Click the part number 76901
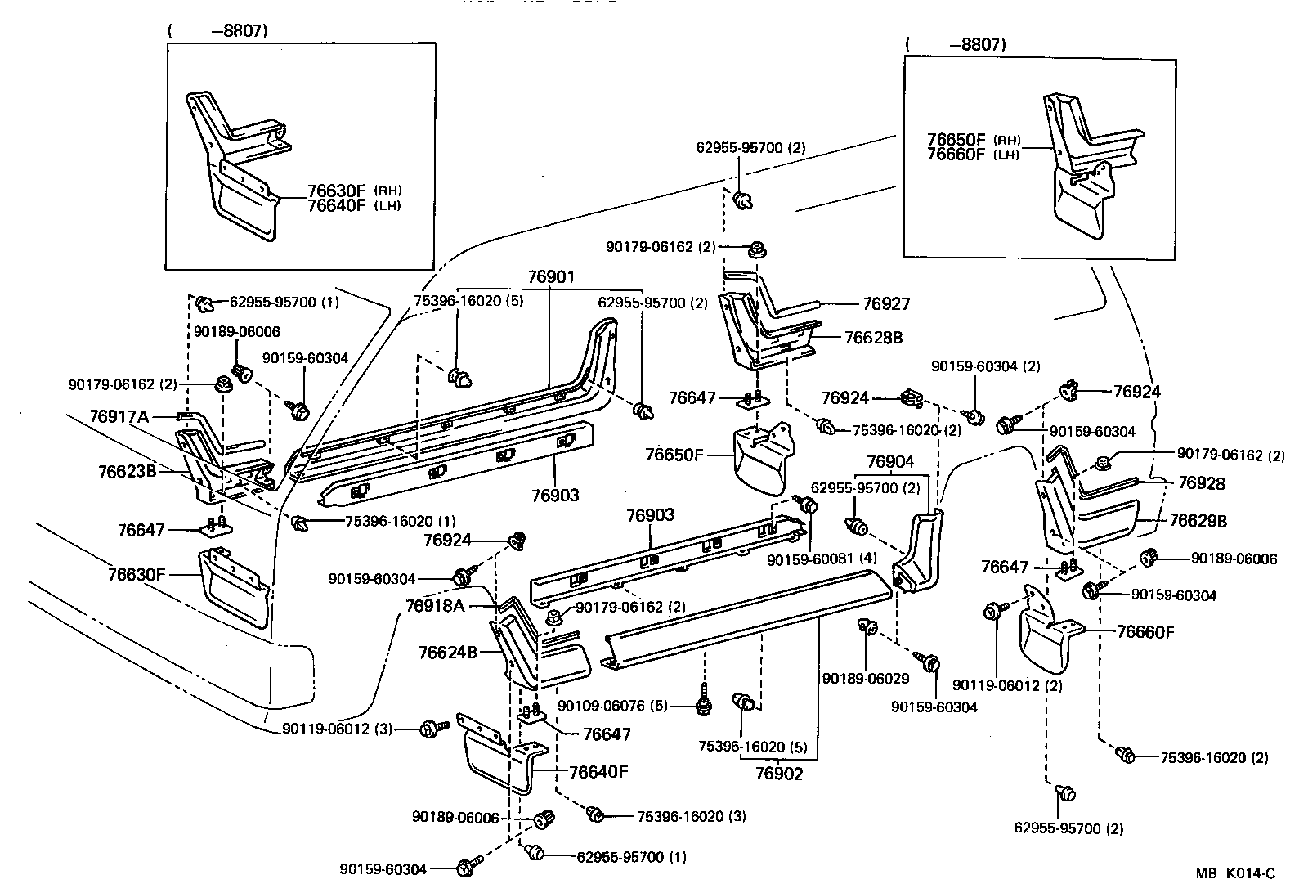pyautogui.click(x=550, y=277)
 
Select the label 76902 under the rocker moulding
pyautogui.click(x=779, y=774)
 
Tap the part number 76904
pyautogui.click(x=889, y=462)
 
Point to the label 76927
pyautogui.click(x=886, y=303)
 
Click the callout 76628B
pyautogui.click(x=873, y=337)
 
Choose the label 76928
pyautogui.click(x=1202, y=483)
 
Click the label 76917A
pyautogui.click(x=119, y=417)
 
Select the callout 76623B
pyautogui.click(x=127, y=471)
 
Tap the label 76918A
pyautogui.click(x=435, y=605)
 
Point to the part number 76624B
pyautogui.click(x=447, y=652)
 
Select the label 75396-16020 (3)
pyautogui.click(x=691, y=816)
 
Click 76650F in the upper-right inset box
pyautogui.click(x=956, y=139)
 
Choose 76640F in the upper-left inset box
pyautogui.click(x=337, y=205)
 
